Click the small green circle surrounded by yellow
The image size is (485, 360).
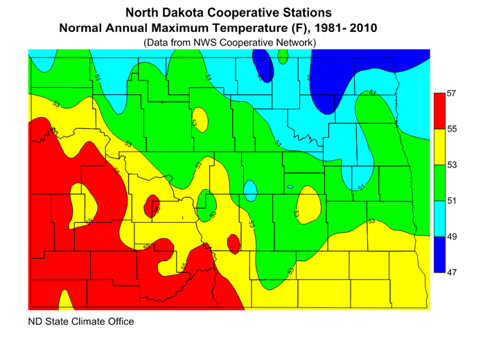pyautogui.click(x=206, y=201)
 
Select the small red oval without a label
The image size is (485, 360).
pyautogui.click(x=233, y=243)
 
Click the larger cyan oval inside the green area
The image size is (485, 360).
pyautogui.click(x=250, y=190)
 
